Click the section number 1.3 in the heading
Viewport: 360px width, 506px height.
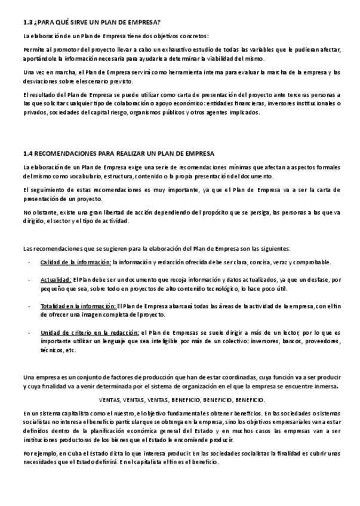(28, 23)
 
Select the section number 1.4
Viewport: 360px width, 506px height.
(28, 153)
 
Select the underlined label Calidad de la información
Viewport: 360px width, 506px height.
(76, 262)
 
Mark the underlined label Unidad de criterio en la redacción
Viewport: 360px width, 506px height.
(90, 333)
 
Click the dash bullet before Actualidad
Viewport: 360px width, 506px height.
(29, 279)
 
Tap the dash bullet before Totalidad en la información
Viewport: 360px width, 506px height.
(29, 306)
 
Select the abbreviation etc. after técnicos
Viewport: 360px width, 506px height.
(71, 350)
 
